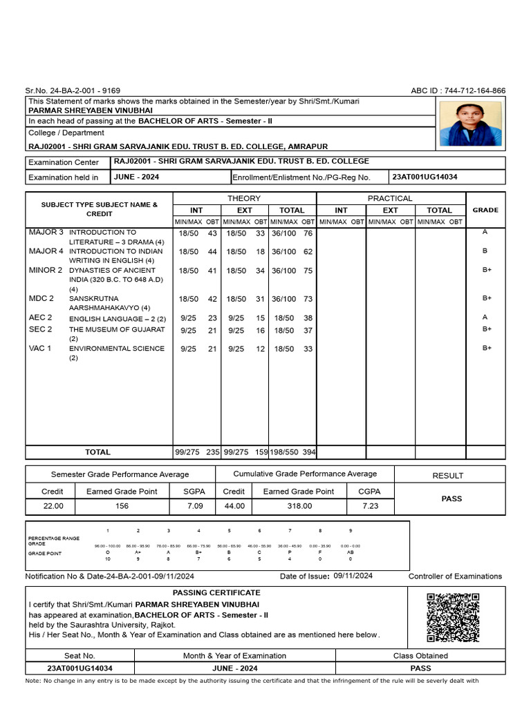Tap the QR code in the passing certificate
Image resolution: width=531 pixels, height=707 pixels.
click(453, 617)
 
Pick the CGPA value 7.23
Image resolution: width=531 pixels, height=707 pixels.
click(371, 506)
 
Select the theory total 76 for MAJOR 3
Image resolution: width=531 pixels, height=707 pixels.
click(308, 235)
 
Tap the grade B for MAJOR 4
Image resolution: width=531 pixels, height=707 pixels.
click(485, 251)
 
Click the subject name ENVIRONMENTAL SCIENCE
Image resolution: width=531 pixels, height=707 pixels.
click(117, 349)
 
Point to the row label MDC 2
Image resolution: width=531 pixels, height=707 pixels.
click(41, 298)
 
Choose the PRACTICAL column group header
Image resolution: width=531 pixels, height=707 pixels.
click(391, 198)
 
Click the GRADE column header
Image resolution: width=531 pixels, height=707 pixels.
click(485, 210)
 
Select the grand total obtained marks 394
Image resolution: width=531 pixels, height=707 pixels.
click(308, 452)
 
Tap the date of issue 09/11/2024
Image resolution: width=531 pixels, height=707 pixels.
click(353, 576)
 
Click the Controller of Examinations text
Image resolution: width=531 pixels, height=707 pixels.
click(455, 577)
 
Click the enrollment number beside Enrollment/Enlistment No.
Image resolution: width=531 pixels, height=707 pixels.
click(424, 177)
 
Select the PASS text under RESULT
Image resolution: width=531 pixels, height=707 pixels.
click(451, 498)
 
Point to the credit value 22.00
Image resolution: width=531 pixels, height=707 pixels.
click(53, 506)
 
